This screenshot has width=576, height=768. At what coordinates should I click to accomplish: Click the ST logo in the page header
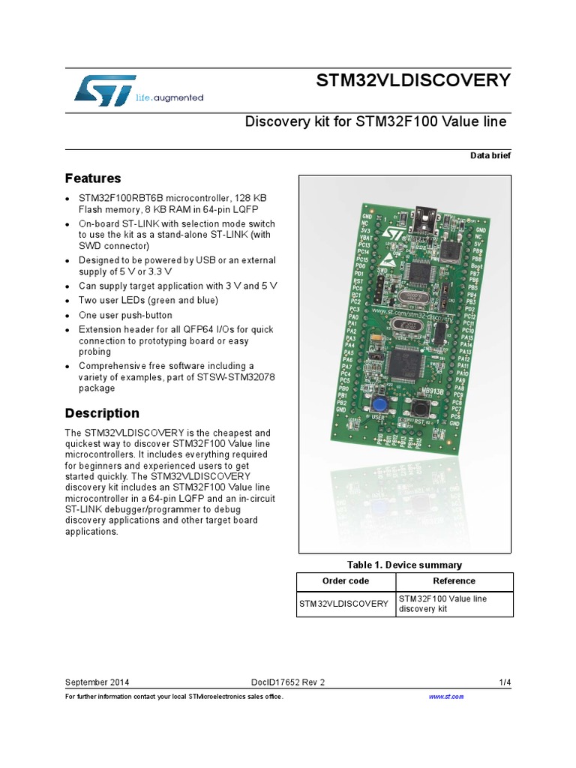click(x=105, y=89)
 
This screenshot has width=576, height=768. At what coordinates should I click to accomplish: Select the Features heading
click(x=93, y=178)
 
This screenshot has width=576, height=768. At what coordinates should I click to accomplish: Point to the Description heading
click(x=102, y=413)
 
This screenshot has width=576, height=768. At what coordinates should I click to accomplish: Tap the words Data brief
click(x=490, y=155)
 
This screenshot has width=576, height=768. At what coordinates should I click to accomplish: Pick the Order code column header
click(x=345, y=581)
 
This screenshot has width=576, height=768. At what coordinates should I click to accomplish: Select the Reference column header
click(x=454, y=581)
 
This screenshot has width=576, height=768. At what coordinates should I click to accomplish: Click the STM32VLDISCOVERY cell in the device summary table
click(x=344, y=604)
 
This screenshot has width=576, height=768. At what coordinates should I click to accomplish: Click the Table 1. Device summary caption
click(x=404, y=565)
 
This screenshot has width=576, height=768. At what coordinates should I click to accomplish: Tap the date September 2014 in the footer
click(x=97, y=682)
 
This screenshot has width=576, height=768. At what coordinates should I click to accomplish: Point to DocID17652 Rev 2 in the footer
click(x=288, y=682)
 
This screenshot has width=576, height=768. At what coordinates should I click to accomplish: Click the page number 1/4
click(x=505, y=682)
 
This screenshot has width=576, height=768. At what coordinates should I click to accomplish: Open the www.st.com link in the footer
click(x=446, y=697)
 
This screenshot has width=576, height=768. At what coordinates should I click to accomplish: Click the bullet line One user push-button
click(x=125, y=315)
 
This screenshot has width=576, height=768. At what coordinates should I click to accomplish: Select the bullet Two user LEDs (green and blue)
click(x=148, y=301)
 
